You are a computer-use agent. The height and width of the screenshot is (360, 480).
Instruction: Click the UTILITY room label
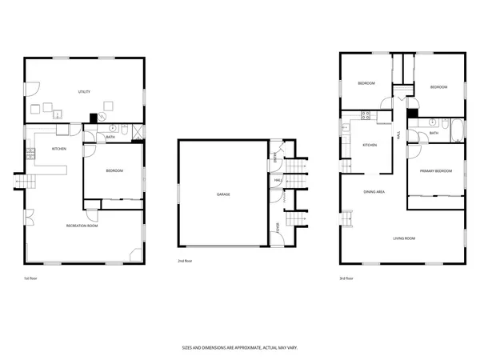point(83,92)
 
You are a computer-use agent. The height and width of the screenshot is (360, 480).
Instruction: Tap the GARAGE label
point(223,194)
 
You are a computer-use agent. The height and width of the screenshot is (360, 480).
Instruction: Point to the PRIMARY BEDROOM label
point(437,170)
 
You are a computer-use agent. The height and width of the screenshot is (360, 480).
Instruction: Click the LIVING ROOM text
point(403,238)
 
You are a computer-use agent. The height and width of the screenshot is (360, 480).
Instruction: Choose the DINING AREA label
point(374,192)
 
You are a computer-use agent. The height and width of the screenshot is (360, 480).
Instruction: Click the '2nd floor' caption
point(185,261)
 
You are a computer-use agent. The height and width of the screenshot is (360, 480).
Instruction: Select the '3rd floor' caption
point(346,278)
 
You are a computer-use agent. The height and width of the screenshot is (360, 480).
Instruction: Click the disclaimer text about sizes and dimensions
point(238,349)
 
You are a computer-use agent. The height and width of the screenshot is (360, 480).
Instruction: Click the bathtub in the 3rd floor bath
point(455,126)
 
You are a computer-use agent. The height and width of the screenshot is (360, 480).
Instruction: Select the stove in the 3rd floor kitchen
point(365,115)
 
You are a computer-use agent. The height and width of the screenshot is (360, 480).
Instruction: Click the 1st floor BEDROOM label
point(114,171)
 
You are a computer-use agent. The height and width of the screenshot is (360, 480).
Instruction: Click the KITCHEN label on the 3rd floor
point(370,145)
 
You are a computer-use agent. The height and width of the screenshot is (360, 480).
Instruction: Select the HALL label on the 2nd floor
point(278,182)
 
